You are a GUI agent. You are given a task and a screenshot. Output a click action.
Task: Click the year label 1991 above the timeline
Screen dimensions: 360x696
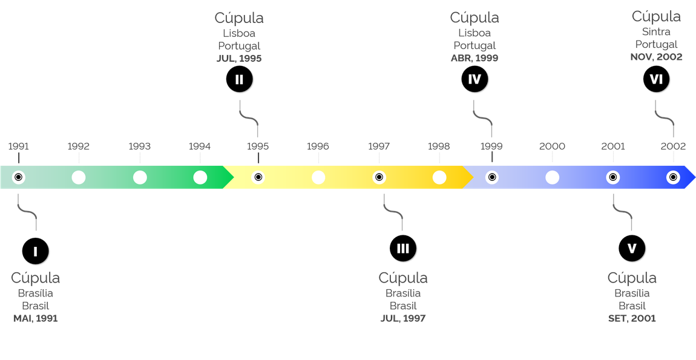(19, 146)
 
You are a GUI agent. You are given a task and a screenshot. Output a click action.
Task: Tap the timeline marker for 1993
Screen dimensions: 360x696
(140, 177)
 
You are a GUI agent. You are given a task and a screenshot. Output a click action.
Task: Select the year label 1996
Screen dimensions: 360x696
(318, 146)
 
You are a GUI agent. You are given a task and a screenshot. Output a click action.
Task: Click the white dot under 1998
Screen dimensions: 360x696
(439, 177)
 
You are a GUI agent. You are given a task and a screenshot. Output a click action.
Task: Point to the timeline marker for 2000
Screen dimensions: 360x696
(552, 177)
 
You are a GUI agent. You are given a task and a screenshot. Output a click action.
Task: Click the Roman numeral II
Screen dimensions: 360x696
(239, 80)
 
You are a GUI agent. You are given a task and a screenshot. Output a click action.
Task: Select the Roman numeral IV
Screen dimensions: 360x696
(474, 79)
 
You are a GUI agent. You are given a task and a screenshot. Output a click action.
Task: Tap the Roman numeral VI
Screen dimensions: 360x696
(656, 79)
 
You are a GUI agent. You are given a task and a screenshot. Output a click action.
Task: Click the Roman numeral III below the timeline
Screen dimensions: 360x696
(403, 249)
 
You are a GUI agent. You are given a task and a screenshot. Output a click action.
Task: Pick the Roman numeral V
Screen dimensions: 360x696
(632, 249)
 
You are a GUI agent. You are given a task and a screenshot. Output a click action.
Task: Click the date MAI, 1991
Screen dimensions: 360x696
(35, 318)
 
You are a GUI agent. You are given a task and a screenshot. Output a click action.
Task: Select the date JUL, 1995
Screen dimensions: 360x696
(239, 59)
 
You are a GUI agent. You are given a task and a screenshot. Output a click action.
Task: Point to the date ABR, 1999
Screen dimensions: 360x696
(474, 59)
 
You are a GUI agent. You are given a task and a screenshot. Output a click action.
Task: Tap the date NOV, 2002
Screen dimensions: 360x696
(656, 57)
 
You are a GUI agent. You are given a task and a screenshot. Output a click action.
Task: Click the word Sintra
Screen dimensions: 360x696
(656, 32)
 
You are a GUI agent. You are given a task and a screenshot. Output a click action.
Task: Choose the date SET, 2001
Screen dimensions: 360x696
(632, 318)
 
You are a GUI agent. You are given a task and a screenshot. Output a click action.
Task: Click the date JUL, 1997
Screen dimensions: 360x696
(403, 318)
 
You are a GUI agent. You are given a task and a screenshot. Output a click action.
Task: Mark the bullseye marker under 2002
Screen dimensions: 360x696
(672, 177)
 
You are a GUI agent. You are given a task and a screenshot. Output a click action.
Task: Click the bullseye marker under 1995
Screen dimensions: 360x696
(258, 177)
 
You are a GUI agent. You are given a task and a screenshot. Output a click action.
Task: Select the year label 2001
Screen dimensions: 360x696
(613, 146)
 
